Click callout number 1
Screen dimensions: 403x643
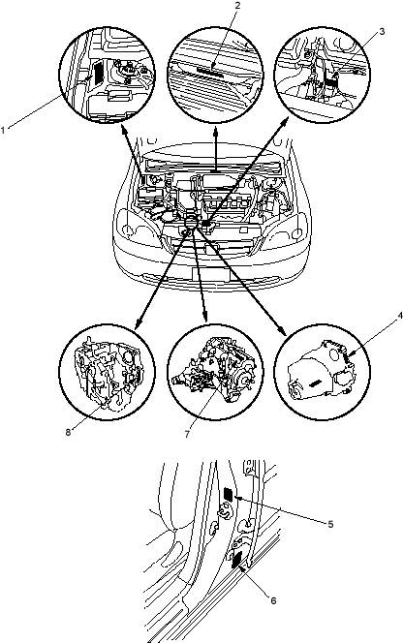point(3,131)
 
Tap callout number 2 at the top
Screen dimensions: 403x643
point(237,6)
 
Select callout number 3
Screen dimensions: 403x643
point(382,32)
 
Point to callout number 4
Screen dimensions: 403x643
point(400,316)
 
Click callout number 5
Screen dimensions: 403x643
point(330,524)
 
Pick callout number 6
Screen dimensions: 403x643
point(274,600)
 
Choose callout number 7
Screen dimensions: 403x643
point(187,434)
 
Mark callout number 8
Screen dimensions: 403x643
point(68,432)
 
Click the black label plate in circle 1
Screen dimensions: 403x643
point(98,73)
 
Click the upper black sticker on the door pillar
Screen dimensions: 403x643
point(229,495)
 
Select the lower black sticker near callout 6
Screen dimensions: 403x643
point(236,560)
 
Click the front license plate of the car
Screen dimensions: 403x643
point(210,274)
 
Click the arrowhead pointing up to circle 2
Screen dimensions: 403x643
point(216,132)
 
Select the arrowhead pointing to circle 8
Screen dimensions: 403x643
point(138,324)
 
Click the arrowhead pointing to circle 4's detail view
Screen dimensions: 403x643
point(283,332)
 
